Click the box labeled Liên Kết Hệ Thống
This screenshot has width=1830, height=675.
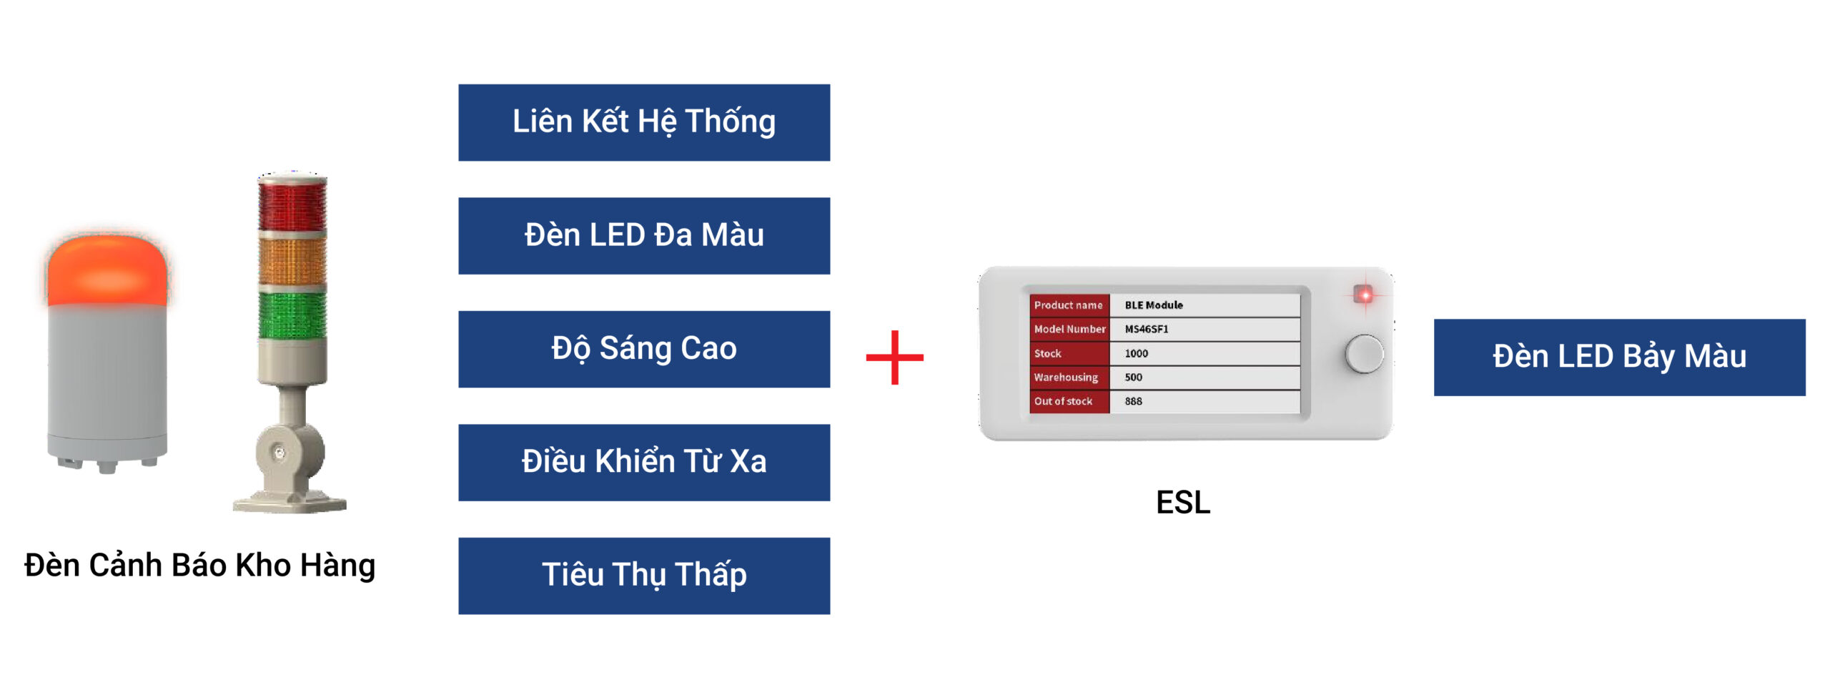point(643,122)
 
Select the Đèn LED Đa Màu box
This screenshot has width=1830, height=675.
point(643,235)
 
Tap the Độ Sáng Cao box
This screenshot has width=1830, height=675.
point(643,349)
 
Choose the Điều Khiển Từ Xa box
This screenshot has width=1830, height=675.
point(643,462)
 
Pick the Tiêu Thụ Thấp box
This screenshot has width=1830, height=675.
point(643,576)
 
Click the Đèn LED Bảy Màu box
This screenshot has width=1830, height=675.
point(1619,357)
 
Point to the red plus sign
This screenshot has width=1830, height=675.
point(894,357)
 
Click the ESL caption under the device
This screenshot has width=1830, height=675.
point(1183,502)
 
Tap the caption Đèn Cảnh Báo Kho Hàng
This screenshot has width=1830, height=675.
point(199,565)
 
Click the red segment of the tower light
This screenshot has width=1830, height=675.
point(292,204)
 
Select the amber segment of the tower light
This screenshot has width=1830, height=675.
point(292,261)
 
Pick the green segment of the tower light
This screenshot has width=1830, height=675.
point(292,315)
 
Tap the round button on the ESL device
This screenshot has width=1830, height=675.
point(1364,353)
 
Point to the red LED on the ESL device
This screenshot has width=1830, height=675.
point(1364,295)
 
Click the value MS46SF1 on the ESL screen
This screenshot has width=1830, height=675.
point(1147,329)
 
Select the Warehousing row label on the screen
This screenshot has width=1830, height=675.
point(1066,377)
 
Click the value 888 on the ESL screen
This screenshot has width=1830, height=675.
point(1134,401)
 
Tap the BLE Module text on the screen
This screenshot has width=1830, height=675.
point(1154,305)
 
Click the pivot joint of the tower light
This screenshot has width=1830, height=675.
point(280,453)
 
